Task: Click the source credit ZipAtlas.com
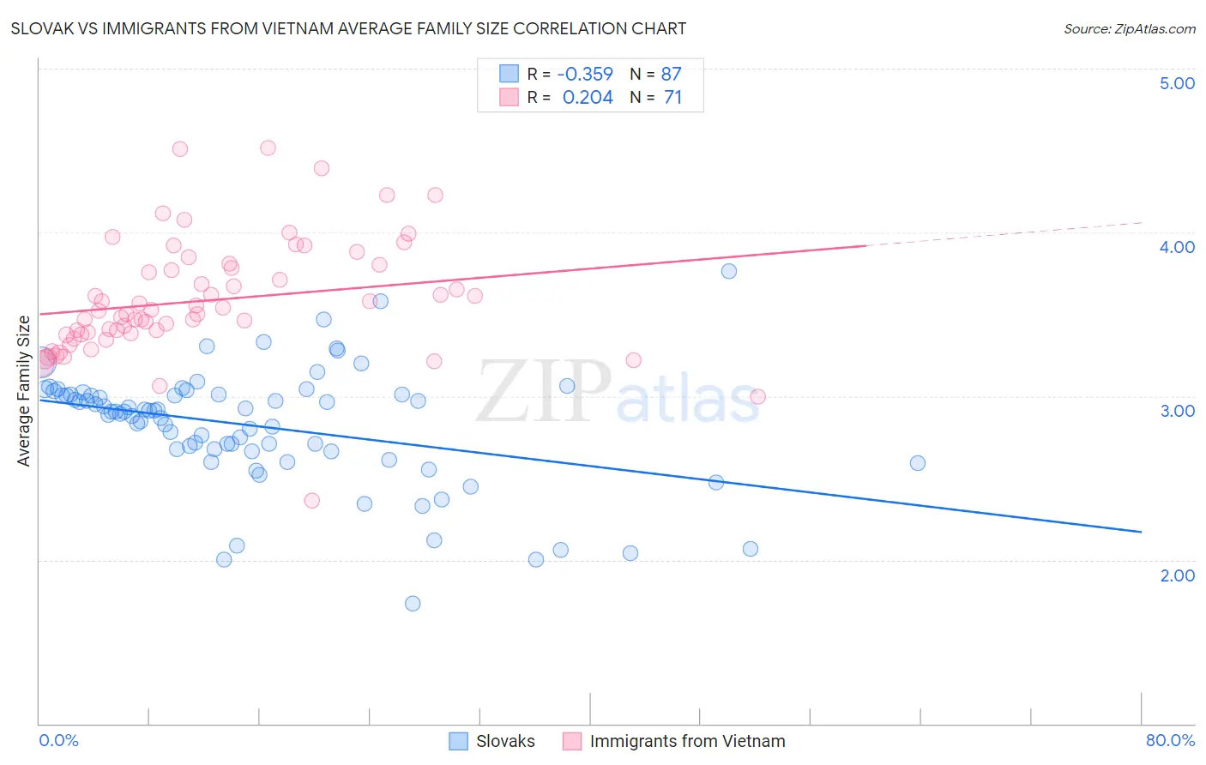pyautogui.click(x=1129, y=29)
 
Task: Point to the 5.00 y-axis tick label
pyautogui.click(x=1177, y=83)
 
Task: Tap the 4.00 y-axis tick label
pyautogui.click(x=1177, y=247)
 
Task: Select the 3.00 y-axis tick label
pyautogui.click(x=1177, y=411)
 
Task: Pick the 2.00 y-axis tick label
pyautogui.click(x=1177, y=575)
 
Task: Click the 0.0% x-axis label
pyautogui.click(x=58, y=740)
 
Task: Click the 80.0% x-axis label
pyautogui.click(x=1170, y=740)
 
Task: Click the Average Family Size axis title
pyautogui.click(x=24, y=391)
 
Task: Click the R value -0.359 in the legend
pyautogui.click(x=585, y=75)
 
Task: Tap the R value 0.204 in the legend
pyautogui.click(x=588, y=98)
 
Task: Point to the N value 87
pyautogui.click(x=671, y=75)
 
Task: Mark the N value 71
pyautogui.click(x=672, y=98)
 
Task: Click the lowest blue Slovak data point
pyautogui.click(x=413, y=604)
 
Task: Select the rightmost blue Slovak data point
pyautogui.click(x=918, y=463)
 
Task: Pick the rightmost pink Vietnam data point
pyautogui.click(x=758, y=396)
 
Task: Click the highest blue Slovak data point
pyautogui.click(x=729, y=271)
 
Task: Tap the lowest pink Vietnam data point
pyautogui.click(x=312, y=501)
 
